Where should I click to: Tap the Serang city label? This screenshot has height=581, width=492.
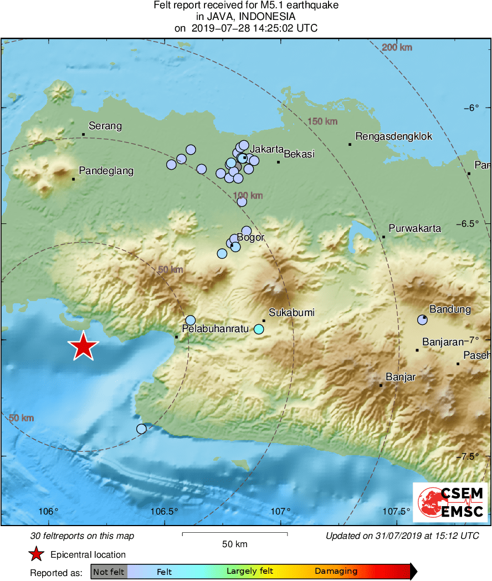[105, 126]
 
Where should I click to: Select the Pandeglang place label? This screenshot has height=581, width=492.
[106, 171]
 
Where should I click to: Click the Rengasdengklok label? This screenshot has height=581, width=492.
[394, 136]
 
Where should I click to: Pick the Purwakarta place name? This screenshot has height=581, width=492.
[415, 228]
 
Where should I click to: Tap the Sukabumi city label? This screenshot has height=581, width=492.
[291, 313]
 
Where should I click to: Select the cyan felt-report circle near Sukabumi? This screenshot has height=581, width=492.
[259, 329]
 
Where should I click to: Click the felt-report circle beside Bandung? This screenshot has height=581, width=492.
[422, 319]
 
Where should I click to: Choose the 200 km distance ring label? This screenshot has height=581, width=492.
[397, 48]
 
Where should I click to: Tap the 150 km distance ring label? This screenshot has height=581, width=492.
[322, 121]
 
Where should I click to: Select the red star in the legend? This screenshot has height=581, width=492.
[37, 554]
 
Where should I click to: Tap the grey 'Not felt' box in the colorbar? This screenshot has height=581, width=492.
[109, 572]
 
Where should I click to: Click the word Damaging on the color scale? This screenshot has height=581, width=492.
[336, 572]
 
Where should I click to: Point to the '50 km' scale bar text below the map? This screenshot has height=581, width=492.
[234, 544]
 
